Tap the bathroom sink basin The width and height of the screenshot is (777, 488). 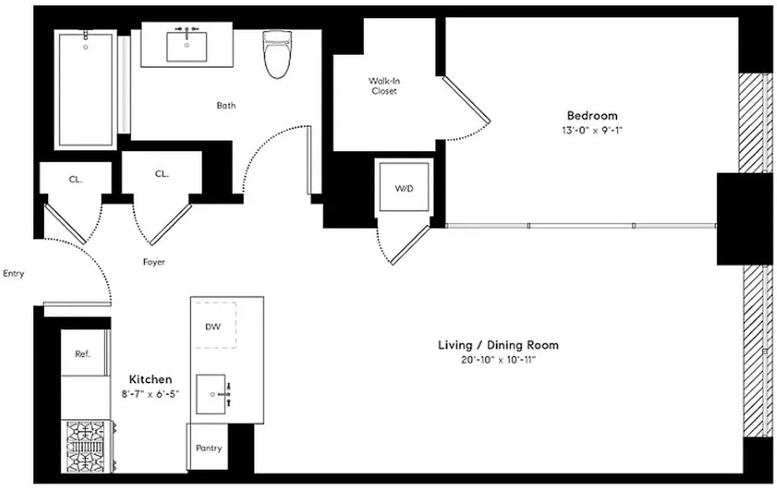tap(186, 47)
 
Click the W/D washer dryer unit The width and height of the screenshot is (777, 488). tap(403, 188)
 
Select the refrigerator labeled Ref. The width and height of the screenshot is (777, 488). tap(83, 354)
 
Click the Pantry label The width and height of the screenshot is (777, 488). tap(209, 448)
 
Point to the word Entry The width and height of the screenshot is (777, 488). tap(13, 273)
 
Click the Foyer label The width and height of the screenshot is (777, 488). tap(154, 262)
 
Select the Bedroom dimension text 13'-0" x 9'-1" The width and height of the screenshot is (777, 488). tap(592, 130)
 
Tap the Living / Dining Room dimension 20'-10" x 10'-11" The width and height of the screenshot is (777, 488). tap(498, 360)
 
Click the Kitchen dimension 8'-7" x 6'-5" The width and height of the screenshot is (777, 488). tap(150, 393)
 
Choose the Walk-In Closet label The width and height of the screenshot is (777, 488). tap(384, 86)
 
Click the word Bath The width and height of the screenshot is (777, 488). tap(226, 106)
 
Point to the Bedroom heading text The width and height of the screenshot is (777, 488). tap(592, 115)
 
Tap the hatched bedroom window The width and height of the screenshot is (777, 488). tap(752, 122)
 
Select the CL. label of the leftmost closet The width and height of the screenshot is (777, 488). tap(75, 179)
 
